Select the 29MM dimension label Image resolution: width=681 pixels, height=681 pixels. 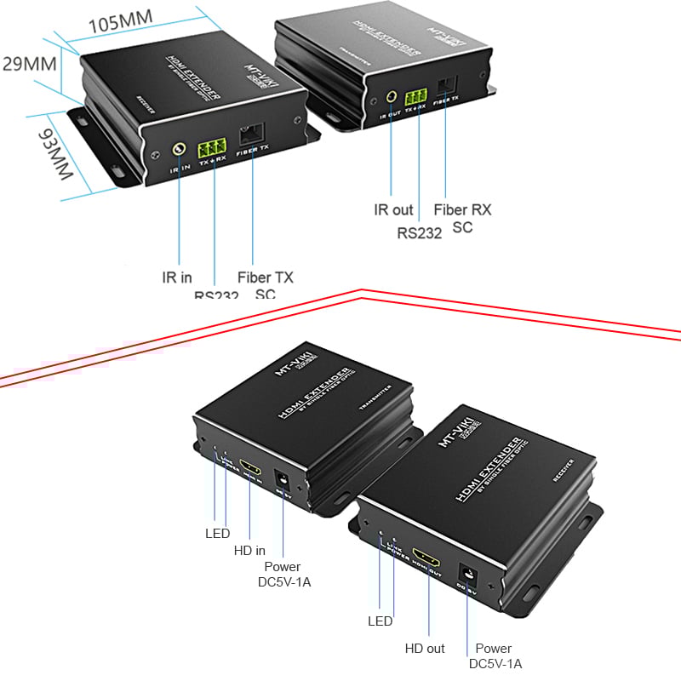coord(29,65)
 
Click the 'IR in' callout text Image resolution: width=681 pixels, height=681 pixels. coord(177,278)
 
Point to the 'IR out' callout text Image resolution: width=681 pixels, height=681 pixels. coord(393,209)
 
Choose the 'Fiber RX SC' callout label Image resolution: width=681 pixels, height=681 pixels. coord(462,218)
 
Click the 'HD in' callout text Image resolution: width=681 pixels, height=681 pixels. coord(250,551)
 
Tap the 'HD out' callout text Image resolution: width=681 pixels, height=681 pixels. coord(424,648)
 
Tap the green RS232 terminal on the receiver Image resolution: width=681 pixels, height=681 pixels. coord(212,142)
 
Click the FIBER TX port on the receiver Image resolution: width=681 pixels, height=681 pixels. coord(252,134)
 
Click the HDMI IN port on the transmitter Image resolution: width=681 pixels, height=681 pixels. coord(250,466)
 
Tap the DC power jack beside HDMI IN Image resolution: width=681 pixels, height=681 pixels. coord(279,478)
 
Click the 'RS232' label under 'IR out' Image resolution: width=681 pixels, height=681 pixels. coord(419,231)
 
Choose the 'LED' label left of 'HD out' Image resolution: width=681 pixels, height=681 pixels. coord(380,621)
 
